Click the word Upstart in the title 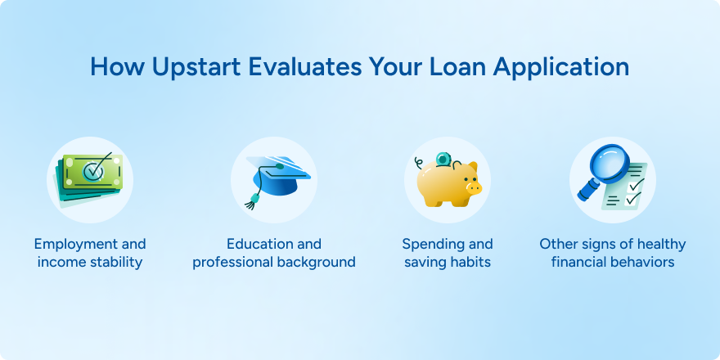coord(196,67)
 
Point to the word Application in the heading coord(560,67)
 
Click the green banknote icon coord(88,179)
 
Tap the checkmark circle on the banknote coord(92,172)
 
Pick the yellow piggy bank coord(448,182)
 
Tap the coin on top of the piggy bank coord(443,160)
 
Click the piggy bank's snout coord(474,187)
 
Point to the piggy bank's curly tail coord(418,163)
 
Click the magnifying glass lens coord(609,164)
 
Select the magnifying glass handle coord(587,190)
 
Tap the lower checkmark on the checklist coord(633,198)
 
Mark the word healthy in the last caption coord(659,245)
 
